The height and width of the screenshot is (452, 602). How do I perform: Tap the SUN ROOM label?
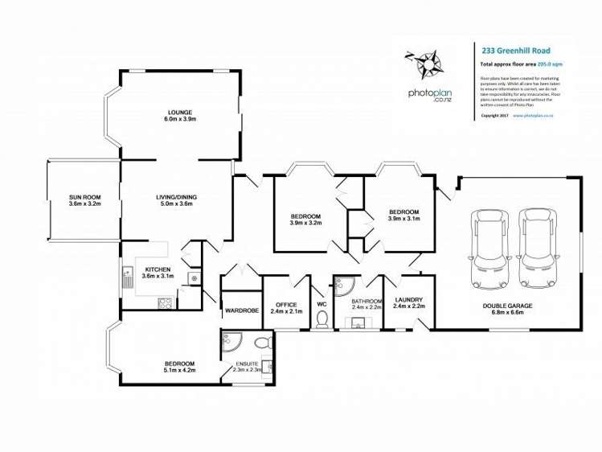pyautogui.click(x=84, y=197)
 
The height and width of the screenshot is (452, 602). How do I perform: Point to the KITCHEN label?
pyautogui.click(x=158, y=269)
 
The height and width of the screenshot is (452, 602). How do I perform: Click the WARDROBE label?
pyautogui.click(x=240, y=310)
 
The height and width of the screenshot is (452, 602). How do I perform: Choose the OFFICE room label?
pyautogui.click(x=287, y=304)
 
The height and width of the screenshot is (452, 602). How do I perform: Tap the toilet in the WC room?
pyautogui.click(x=322, y=320)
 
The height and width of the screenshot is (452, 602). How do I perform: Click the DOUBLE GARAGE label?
pyautogui.click(x=508, y=306)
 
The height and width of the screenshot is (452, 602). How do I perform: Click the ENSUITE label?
pyautogui.click(x=247, y=364)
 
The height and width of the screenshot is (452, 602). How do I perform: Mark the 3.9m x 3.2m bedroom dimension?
pyautogui.click(x=305, y=223)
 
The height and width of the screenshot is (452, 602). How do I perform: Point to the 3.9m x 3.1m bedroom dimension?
pyautogui.click(x=404, y=218)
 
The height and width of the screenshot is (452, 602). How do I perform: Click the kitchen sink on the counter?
pyautogui.click(x=128, y=278)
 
